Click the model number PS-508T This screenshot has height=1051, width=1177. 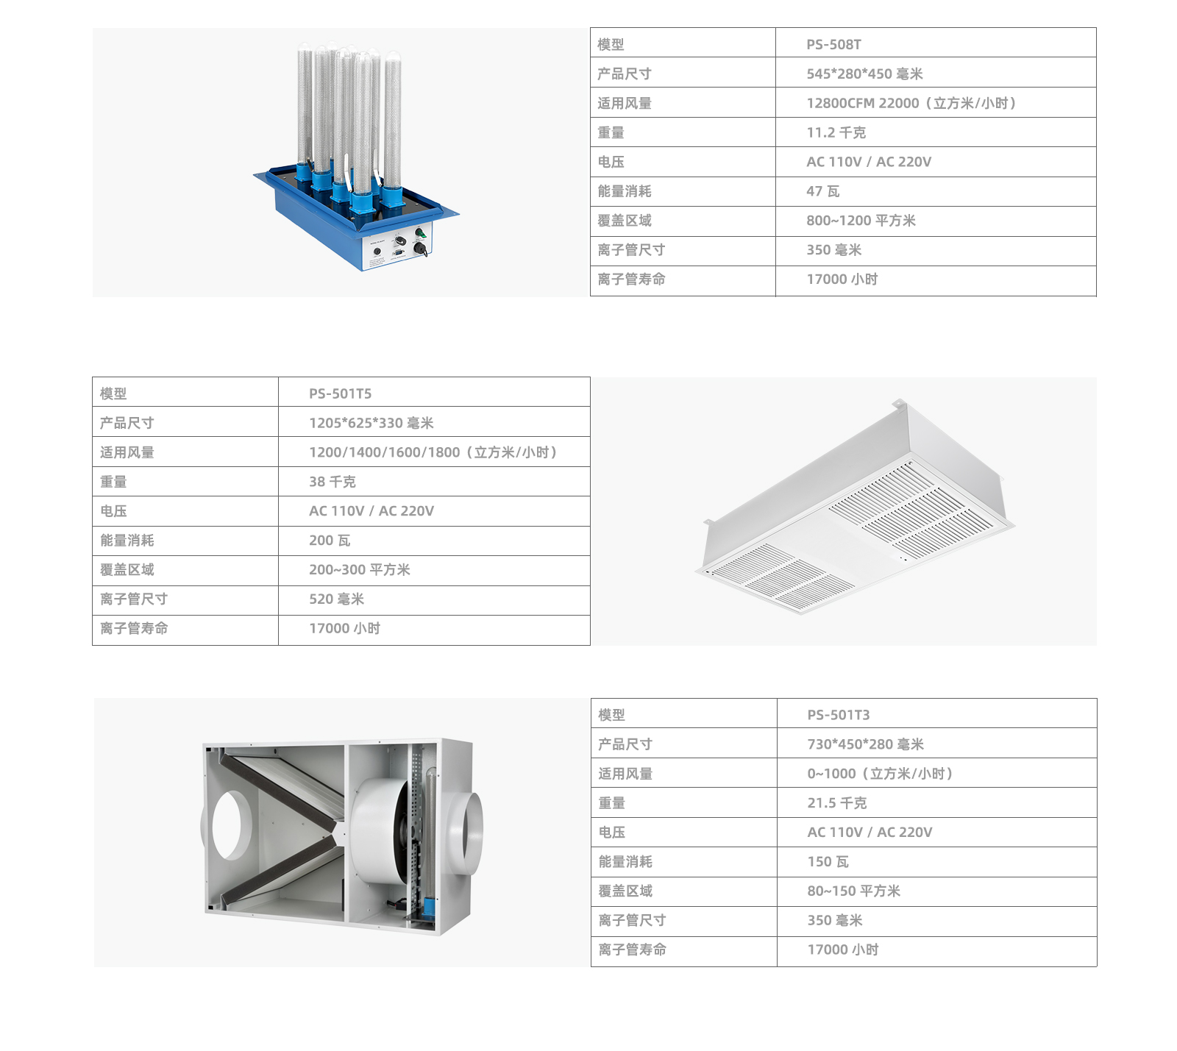(x=833, y=44)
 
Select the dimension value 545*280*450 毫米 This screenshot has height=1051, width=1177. (x=864, y=74)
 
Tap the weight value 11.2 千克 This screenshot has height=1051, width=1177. (x=836, y=132)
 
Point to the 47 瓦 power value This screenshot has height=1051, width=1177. (x=822, y=191)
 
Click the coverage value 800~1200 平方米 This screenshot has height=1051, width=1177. (x=861, y=221)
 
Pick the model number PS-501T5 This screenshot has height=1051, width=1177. (x=340, y=393)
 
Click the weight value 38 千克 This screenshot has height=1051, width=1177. (x=333, y=482)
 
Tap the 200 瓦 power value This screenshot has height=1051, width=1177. (x=330, y=541)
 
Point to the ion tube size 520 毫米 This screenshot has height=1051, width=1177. (x=337, y=599)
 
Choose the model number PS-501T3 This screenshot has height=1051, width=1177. (x=839, y=715)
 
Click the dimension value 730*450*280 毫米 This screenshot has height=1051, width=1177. (x=865, y=744)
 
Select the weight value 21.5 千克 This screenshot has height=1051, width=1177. (x=837, y=803)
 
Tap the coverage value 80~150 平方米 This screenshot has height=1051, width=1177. (x=853, y=891)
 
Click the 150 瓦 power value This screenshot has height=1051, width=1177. (x=828, y=862)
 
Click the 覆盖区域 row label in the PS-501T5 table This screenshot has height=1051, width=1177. (x=127, y=570)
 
